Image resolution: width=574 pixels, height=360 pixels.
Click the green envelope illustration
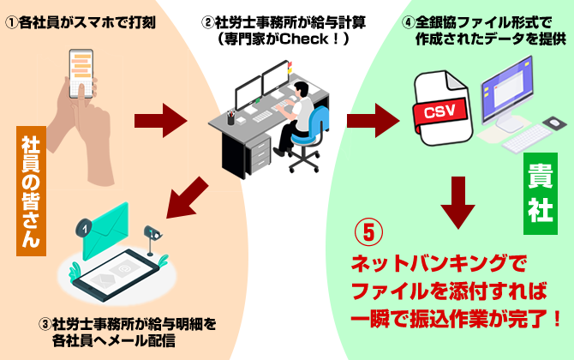(x=116, y=231)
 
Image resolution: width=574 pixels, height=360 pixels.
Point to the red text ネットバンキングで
(x=435, y=260)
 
